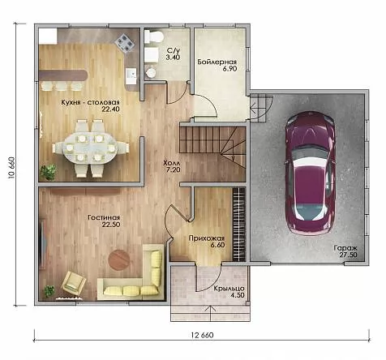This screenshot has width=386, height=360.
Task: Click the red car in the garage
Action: tap(310, 174)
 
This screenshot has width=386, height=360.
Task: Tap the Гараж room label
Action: tap(345, 248)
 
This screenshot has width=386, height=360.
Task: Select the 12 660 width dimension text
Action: tap(202, 335)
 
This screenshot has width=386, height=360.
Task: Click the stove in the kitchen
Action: tap(124, 42)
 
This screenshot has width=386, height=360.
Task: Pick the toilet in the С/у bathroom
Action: tap(153, 36)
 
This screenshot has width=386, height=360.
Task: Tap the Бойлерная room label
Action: tap(217, 62)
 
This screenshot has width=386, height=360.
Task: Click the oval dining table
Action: tap(90, 148)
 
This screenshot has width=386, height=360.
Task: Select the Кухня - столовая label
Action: tap(90, 103)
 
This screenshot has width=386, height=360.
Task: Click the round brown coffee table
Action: tap(118, 259)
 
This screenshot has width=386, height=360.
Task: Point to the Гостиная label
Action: tap(104, 217)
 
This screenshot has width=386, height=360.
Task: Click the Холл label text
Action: tap(171, 163)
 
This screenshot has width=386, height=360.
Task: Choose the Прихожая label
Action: tap(207, 238)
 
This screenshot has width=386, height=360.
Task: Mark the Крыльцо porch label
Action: tap(229, 289)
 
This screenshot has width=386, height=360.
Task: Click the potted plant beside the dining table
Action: tap(49, 172)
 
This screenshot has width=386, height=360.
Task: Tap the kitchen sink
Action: tap(131, 74)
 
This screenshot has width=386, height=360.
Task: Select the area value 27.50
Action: tap(349, 255)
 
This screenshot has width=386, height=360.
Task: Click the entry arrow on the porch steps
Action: tap(210, 313)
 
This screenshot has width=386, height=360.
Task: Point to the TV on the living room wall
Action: tap(42, 244)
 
